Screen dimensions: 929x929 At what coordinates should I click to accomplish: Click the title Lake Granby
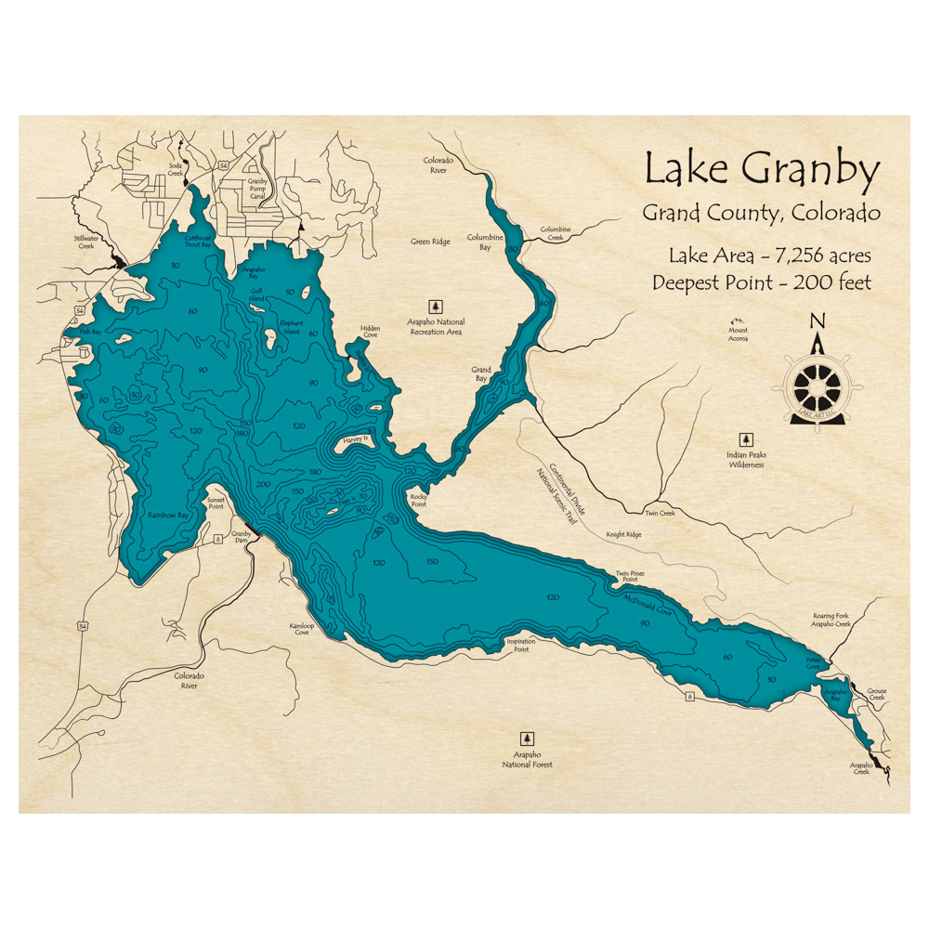click(761, 171)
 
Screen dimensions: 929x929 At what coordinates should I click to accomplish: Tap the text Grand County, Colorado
click(761, 213)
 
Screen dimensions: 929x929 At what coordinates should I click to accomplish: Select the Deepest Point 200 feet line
click(762, 282)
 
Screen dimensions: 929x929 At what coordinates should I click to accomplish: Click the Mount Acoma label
click(738, 334)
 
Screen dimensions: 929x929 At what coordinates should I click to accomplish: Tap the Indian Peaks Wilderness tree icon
click(745, 439)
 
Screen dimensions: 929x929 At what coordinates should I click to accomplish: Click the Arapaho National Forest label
click(528, 760)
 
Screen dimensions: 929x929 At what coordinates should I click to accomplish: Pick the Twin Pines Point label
click(629, 576)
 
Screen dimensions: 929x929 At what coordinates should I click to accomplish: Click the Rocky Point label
click(419, 501)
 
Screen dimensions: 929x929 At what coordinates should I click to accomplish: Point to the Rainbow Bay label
click(168, 514)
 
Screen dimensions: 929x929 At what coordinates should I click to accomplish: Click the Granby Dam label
click(242, 538)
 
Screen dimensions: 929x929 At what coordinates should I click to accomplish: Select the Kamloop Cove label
click(298, 628)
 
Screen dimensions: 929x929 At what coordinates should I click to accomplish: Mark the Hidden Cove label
click(370, 332)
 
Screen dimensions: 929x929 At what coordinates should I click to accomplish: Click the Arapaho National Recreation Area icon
click(435, 306)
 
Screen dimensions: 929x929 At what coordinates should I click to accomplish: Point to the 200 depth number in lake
click(262, 484)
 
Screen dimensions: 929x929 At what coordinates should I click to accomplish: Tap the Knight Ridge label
click(623, 535)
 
